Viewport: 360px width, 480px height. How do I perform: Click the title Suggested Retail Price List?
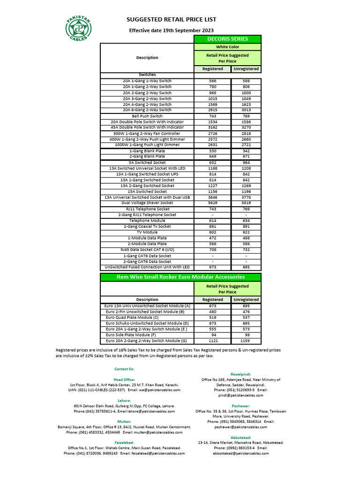pyautogui.click(x=172, y=20)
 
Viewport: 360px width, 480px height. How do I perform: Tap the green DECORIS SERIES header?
pyautogui.click(x=227, y=39)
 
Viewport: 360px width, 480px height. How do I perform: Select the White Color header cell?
pyautogui.click(x=227, y=47)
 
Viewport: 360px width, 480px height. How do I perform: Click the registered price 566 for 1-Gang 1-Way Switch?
pyautogui.click(x=212, y=81)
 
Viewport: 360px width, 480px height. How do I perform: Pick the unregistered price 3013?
pyautogui.click(x=246, y=110)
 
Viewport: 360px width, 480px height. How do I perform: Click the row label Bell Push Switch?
pyautogui.click(x=147, y=116)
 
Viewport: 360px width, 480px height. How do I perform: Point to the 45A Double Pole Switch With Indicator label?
pyautogui.click(x=147, y=127)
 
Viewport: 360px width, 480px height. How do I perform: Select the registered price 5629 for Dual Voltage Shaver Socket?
pyautogui.click(x=212, y=203)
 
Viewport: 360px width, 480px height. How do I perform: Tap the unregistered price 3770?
pyautogui.click(x=246, y=197)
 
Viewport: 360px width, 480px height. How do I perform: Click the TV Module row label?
pyautogui.click(x=147, y=232)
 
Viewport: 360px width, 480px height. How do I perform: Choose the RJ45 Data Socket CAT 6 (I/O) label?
pyautogui.click(x=147, y=250)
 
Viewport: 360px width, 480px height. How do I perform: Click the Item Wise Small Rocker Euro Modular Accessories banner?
pyautogui.click(x=180, y=277)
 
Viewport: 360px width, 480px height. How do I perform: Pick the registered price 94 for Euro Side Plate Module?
pyautogui.click(x=212, y=335)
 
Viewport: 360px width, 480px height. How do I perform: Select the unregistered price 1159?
pyautogui.click(x=246, y=341)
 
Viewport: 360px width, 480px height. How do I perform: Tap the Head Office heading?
pyautogui.click(x=124, y=379)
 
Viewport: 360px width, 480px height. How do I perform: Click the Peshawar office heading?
pyautogui.click(x=241, y=406)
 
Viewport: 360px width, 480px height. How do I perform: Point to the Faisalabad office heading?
pyautogui.click(x=124, y=442)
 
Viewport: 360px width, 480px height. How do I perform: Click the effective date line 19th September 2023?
pyautogui.click(x=172, y=30)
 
